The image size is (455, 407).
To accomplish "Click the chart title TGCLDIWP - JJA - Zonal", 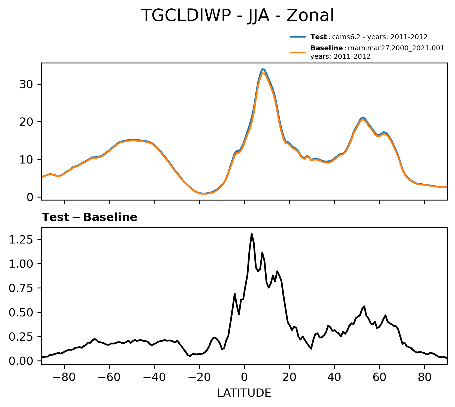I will click(237, 16).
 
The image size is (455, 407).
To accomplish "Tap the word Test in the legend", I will click(318, 37).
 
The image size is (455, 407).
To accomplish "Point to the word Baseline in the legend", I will click(327, 48).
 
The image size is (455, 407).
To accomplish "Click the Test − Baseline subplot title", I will click(89, 217).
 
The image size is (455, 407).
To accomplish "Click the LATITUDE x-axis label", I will click(244, 393).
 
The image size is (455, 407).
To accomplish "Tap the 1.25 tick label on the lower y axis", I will click(21, 240).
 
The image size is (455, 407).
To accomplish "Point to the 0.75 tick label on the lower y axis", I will click(21, 288).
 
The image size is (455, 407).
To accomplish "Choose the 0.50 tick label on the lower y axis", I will click(21, 312).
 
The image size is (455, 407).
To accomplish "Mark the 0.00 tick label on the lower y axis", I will click(21, 361).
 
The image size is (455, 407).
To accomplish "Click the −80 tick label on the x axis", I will click(64, 377).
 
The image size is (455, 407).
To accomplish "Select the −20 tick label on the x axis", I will click(199, 377).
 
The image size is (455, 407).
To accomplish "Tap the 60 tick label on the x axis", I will click(379, 377).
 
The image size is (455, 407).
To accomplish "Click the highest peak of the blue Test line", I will click(263, 69).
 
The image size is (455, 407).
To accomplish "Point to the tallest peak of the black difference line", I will click(252, 234).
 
